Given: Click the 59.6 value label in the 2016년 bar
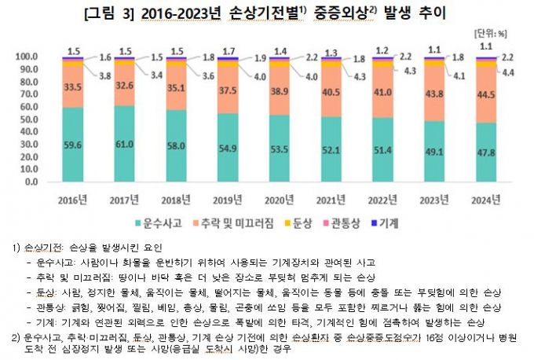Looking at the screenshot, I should (72, 145).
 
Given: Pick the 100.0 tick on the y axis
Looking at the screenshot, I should (26, 57).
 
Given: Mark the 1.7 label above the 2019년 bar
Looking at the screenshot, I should (228, 50).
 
